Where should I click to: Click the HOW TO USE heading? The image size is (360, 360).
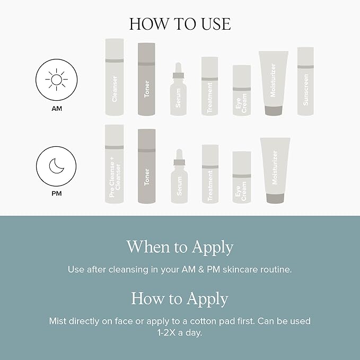tap(180, 24)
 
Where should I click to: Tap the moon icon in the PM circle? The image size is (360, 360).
tap(56, 167)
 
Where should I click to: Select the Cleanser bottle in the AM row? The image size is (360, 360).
tap(115, 77)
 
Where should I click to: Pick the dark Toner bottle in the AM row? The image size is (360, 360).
tap(146, 80)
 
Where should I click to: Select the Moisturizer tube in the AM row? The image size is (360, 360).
tap(273, 83)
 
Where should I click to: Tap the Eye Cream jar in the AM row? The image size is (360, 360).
tap(241, 91)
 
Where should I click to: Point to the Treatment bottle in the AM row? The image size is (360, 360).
tap(209, 86)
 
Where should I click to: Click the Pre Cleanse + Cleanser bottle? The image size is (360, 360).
tap(115, 164)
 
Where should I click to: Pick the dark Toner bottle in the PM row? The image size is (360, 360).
tap(146, 166)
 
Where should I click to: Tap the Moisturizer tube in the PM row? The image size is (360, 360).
tap(275, 170)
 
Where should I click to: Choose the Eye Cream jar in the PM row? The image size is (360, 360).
tap(241, 178)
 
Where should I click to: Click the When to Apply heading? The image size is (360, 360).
tap(180, 247)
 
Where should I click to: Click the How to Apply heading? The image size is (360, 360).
tap(180, 298)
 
